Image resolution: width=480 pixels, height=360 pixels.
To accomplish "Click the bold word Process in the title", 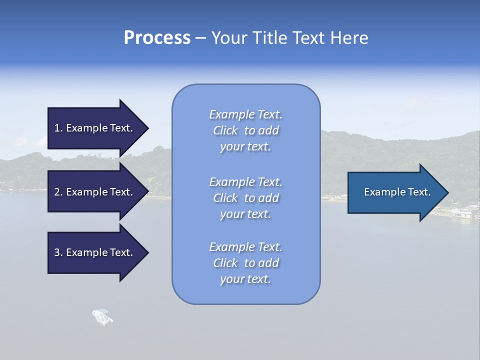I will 157,38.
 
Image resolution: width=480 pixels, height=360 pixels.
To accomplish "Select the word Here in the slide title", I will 348,38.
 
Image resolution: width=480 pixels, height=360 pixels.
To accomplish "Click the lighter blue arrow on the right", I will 395,192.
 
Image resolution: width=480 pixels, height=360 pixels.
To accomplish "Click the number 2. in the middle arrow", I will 58,192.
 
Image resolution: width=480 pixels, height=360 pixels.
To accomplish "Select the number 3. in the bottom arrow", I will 58,252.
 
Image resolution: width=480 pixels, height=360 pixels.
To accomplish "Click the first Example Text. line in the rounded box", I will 245,114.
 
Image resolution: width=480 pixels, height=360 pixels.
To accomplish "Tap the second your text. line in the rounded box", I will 245,214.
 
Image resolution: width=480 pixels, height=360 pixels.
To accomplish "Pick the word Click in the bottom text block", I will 225,263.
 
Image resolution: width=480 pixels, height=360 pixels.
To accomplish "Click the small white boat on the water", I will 102,316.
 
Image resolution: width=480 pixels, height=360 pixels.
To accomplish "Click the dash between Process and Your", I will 200,38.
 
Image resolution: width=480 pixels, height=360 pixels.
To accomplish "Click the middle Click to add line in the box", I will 245,198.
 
